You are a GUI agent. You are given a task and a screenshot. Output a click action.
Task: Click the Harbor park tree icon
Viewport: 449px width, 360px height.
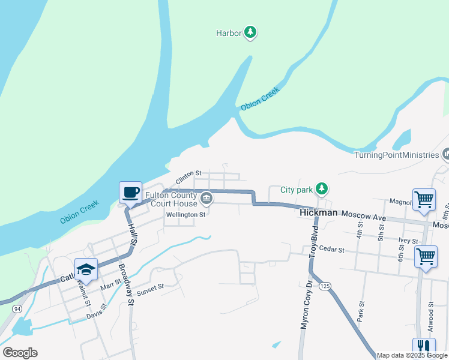coord(250,33)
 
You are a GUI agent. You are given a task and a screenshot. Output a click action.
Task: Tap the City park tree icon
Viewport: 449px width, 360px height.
coord(322,190)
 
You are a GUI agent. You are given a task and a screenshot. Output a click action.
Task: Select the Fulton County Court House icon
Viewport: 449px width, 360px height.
coord(206,197)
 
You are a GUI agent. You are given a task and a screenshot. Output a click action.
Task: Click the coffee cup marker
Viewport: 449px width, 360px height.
coord(131,193)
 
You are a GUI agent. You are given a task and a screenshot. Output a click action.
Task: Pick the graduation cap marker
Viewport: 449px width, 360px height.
coord(86,269)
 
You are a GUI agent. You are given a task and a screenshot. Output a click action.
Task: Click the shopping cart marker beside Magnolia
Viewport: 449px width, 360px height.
coord(424,199)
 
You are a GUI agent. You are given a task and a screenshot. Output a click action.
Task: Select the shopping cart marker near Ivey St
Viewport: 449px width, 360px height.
coord(426,256)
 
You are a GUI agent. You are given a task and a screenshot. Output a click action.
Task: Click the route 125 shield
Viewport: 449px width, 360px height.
coord(325,286)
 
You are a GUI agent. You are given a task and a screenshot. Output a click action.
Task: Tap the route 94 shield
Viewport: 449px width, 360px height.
coord(17,308)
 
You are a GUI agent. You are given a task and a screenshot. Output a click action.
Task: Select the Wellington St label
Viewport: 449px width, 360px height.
coord(185,214)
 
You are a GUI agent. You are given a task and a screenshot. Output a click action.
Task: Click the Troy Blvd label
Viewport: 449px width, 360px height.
coord(313,245)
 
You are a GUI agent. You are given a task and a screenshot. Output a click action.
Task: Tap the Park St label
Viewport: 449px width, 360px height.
coord(360,312)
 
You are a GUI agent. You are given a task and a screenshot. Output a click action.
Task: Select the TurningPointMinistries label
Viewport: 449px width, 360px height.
coord(396,155)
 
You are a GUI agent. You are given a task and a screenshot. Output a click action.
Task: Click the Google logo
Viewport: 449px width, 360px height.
coord(20,353)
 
